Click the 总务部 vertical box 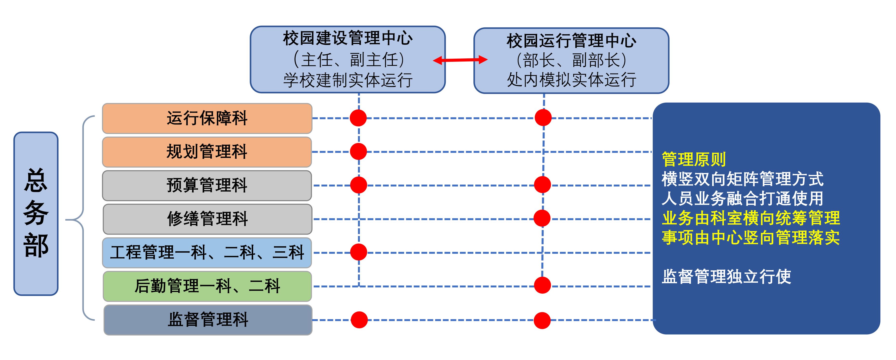pos(36,213)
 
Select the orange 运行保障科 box pos(207,118)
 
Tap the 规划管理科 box pos(207,152)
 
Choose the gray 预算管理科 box pos(207,185)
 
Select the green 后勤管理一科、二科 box pos(207,286)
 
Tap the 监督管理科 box pos(208,320)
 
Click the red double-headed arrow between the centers pos(460,60)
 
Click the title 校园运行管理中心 pos(571,41)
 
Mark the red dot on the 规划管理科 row pos(358,151)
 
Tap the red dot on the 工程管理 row pos(359,252)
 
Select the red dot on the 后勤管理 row pos(542,285)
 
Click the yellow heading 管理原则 pos(694,159)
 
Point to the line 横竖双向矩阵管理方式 pos(742,179)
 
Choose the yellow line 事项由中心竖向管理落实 pos(751,238)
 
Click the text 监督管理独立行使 pos(726,277)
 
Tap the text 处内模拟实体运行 pos(571,80)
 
